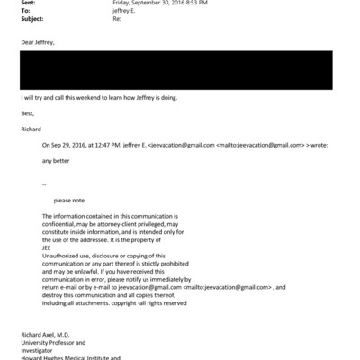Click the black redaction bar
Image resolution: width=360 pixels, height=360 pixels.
click(176, 70)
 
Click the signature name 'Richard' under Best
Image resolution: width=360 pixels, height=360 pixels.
click(31, 128)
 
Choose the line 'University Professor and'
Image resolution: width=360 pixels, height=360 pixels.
click(49, 342)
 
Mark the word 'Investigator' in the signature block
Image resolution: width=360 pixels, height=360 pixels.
click(35, 349)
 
